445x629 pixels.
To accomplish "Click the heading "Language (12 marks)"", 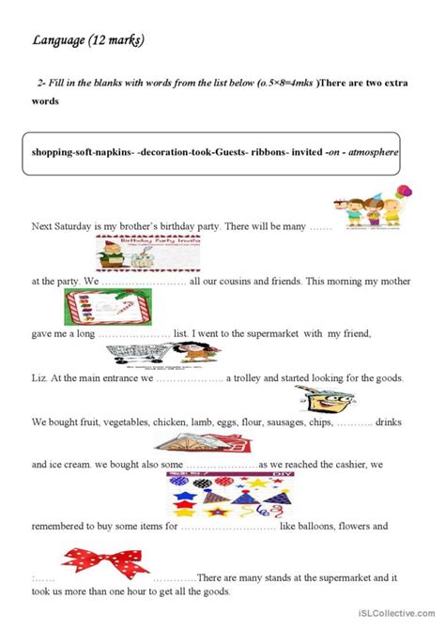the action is tap(88, 40).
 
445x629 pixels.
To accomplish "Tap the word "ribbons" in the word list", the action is tap(262, 151).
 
